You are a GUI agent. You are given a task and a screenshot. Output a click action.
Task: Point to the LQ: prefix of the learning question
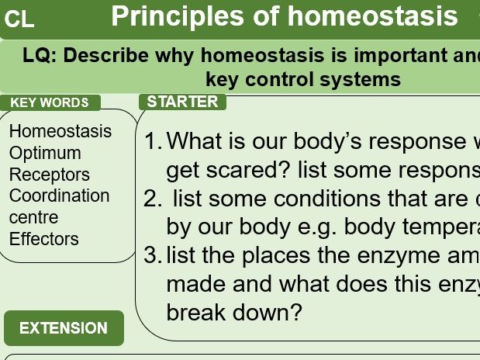40,57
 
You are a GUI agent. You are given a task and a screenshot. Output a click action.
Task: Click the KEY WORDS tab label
50,102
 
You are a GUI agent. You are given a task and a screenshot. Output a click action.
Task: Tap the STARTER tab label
182,102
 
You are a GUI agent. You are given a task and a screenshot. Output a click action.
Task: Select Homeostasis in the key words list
60,131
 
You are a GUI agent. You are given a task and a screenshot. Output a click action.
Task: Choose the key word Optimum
45,153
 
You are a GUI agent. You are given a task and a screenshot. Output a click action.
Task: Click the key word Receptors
50,175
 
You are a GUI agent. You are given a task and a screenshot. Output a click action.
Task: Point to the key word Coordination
60,196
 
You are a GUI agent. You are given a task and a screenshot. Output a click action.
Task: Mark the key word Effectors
44,239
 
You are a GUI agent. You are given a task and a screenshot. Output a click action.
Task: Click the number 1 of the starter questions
152,142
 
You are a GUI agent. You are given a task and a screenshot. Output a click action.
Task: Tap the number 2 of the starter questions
152,199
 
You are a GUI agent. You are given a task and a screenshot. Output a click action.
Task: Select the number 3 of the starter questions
152,255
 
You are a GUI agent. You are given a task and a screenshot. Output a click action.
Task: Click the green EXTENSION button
64,328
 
